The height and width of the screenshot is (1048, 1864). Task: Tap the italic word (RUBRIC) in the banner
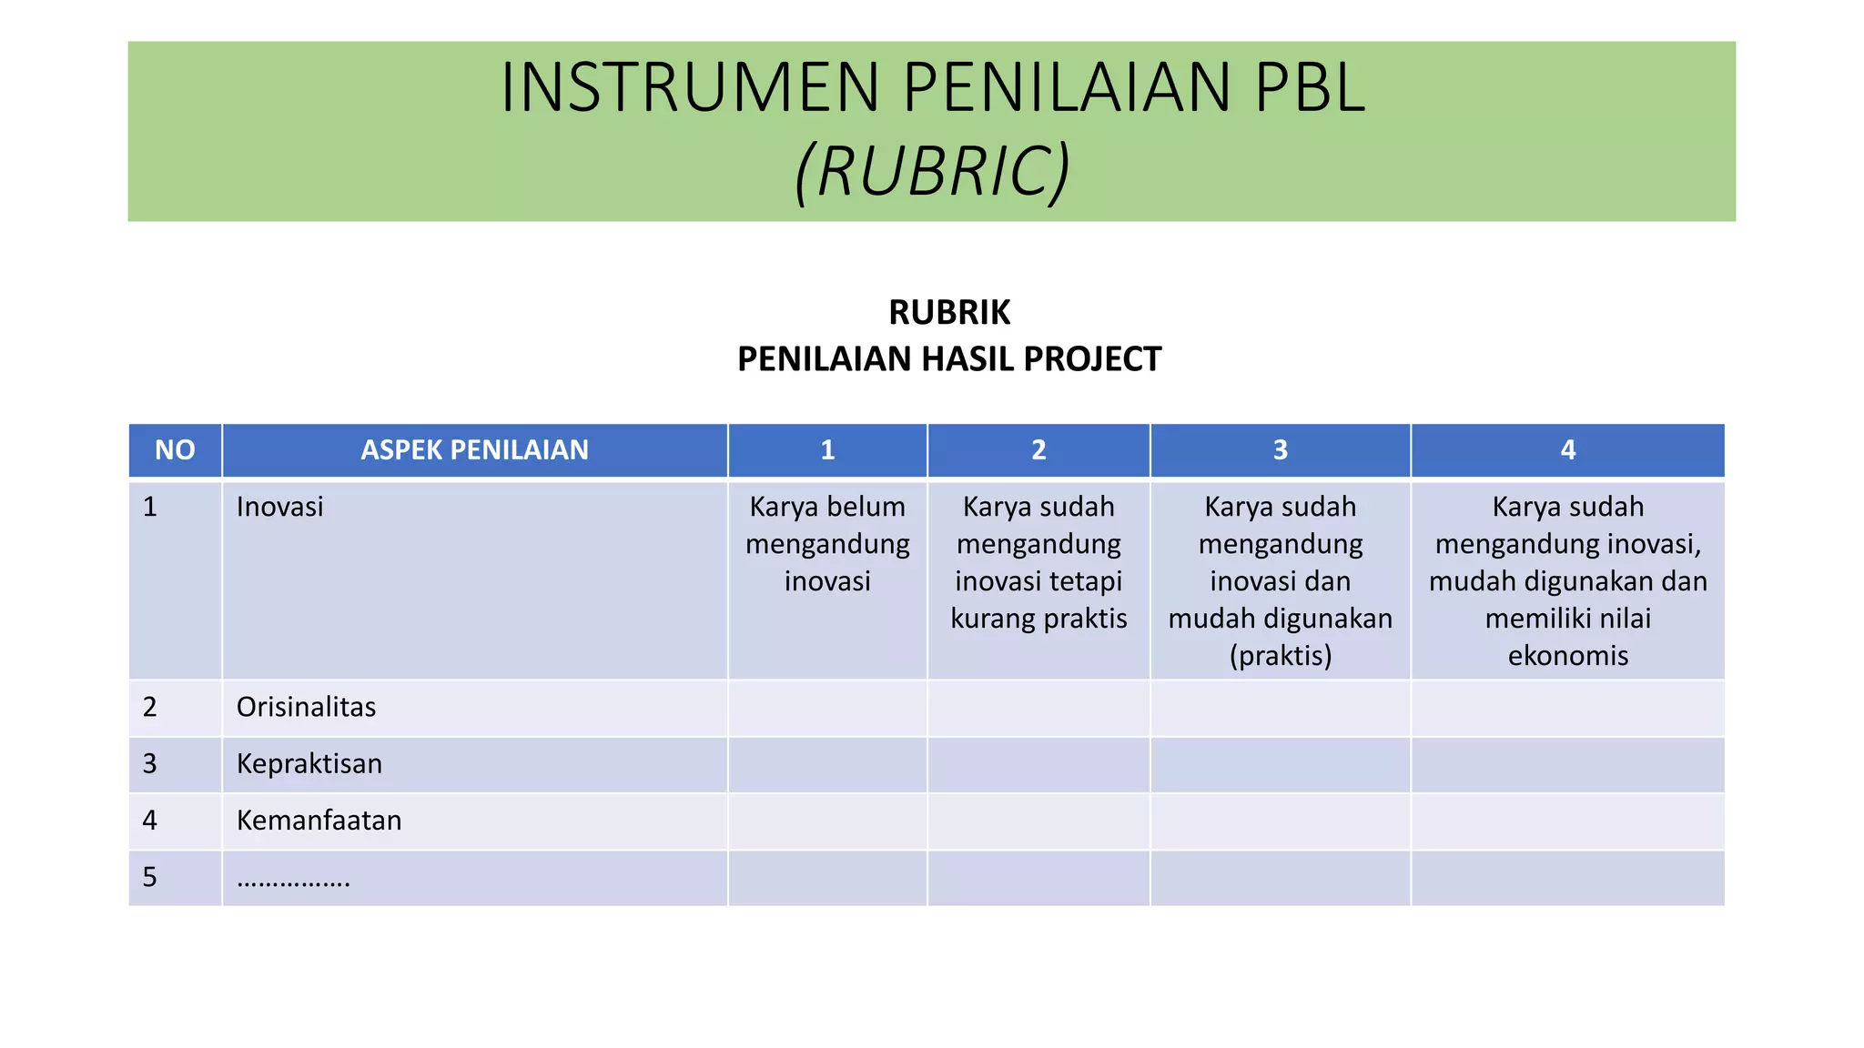click(932, 171)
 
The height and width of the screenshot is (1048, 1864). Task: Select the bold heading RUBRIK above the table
click(949, 313)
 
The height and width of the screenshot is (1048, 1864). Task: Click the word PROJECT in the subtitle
click(1092, 359)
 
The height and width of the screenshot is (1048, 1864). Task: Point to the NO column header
click(175, 450)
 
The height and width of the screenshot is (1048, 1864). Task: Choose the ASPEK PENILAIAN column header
click(474, 450)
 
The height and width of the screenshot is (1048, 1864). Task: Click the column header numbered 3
click(1280, 450)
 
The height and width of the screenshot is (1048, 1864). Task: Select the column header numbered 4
click(1567, 450)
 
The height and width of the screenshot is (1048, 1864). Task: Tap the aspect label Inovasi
click(279, 507)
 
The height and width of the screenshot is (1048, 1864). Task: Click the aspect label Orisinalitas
click(306, 707)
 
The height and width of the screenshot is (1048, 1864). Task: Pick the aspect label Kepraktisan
click(309, 763)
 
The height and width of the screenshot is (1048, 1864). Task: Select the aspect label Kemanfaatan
click(319, 821)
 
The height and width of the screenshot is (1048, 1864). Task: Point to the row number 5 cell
click(150, 877)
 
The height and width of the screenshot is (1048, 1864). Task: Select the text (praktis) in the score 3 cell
click(1280, 656)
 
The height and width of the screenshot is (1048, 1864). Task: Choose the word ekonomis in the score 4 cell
click(1567, 656)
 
